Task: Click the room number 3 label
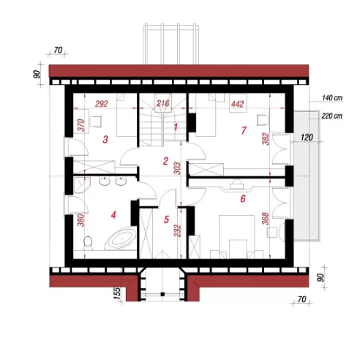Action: (105, 140)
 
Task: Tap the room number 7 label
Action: (244, 130)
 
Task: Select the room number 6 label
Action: (243, 199)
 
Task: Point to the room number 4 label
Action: (113, 215)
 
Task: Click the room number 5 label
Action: (166, 220)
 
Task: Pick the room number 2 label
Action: (165, 161)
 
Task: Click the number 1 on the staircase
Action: (176, 127)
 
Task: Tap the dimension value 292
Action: (102, 104)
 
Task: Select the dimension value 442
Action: (237, 104)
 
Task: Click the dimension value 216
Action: (162, 103)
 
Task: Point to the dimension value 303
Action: (177, 168)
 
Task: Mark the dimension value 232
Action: (178, 230)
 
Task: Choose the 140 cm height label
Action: (332, 98)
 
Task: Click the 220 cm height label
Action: (332, 116)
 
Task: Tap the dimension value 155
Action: (117, 293)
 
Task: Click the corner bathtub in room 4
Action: (121, 239)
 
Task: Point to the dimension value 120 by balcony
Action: (307, 138)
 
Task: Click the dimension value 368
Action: (265, 219)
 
